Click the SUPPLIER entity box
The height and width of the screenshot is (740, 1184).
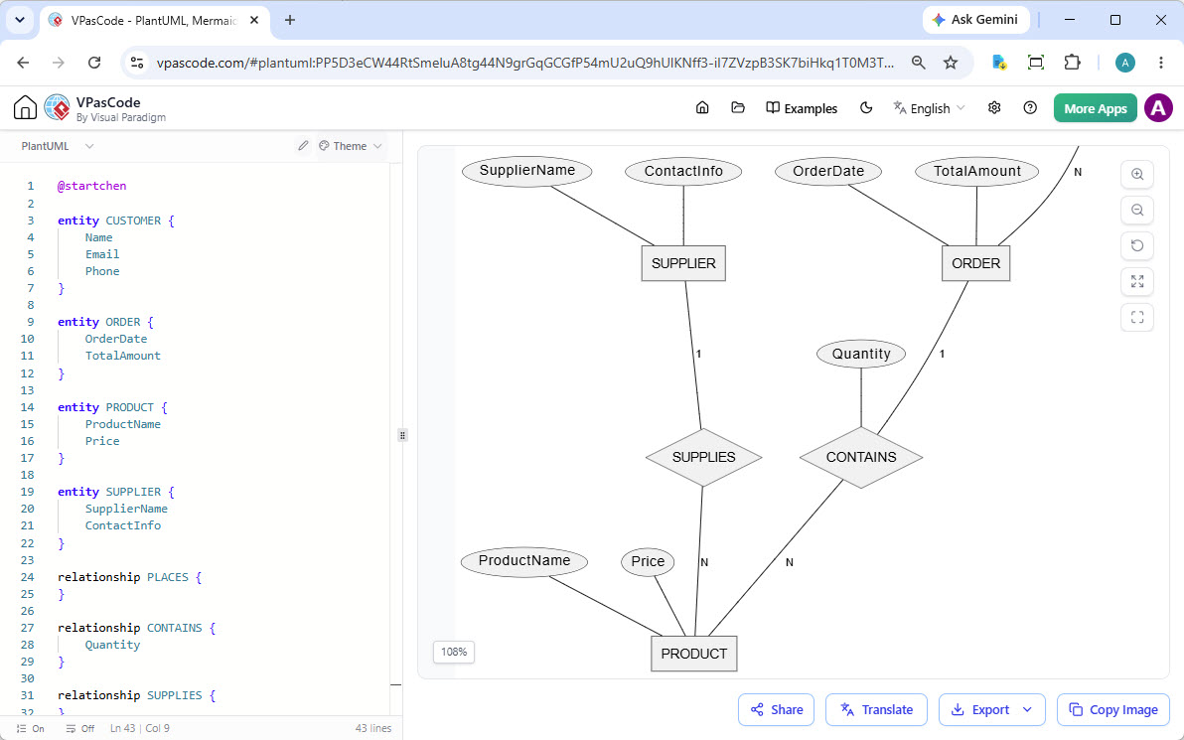(x=683, y=263)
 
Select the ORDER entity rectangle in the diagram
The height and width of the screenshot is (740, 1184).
(x=975, y=263)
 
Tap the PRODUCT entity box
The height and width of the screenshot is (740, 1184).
(x=694, y=654)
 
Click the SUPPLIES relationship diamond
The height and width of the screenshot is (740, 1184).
(x=704, y=458)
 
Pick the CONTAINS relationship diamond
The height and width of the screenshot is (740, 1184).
(x=861, y=458)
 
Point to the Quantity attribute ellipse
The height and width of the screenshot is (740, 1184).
(x=861, y=355)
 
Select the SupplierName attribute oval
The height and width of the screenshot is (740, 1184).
(x=527, y=171)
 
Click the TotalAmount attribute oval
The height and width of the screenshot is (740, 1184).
(x=977, y=172)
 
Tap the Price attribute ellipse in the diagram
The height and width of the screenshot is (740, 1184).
(x=648, y=562)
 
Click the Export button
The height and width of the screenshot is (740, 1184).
(x=991, y=710)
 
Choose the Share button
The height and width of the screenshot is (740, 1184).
(x=776, y=710)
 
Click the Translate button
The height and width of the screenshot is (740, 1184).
(x=876, y=710)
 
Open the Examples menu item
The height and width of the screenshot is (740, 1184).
(x=802, y=108)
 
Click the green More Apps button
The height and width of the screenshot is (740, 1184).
(x=1095, y=108)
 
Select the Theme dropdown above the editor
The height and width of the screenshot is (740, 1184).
(x=351, y=146)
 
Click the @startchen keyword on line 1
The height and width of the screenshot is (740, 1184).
(x=92, y=186)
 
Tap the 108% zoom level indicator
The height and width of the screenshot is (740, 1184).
(x=454, y=652)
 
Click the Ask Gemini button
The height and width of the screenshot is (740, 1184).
(x=975, y=21)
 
